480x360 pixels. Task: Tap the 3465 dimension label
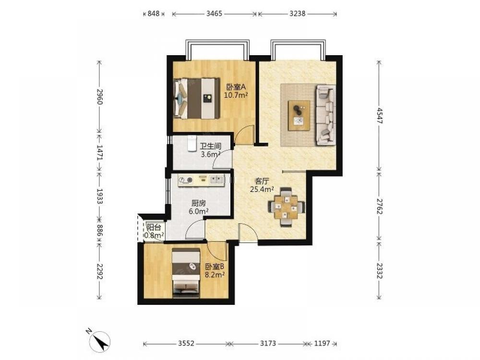(x=214, y=13)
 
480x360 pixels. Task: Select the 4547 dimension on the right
(x=379, y=115)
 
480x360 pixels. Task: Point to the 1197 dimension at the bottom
(x=322, y=343)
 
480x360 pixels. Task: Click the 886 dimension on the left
(x=99, y=230)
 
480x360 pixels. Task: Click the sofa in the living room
(x=325, y=115)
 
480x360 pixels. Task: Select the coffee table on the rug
(x=299, y=116)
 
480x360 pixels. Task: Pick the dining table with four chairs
(x=286, y=207)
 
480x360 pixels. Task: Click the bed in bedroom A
(x=196, y=98)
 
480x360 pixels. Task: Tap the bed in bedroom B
(x=186, y=273)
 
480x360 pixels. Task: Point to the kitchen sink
(x=216, y=180)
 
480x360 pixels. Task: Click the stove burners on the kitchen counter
(x=186, y=180)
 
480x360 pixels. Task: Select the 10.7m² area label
(x=236, y=95)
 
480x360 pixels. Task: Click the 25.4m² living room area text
(x=262, y=190)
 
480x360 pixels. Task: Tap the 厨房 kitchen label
(x=198, y=203)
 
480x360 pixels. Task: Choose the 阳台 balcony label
(x=154, y=228)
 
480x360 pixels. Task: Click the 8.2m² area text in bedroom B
(x=215, y=275)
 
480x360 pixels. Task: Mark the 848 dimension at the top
(x=154, y=13)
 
